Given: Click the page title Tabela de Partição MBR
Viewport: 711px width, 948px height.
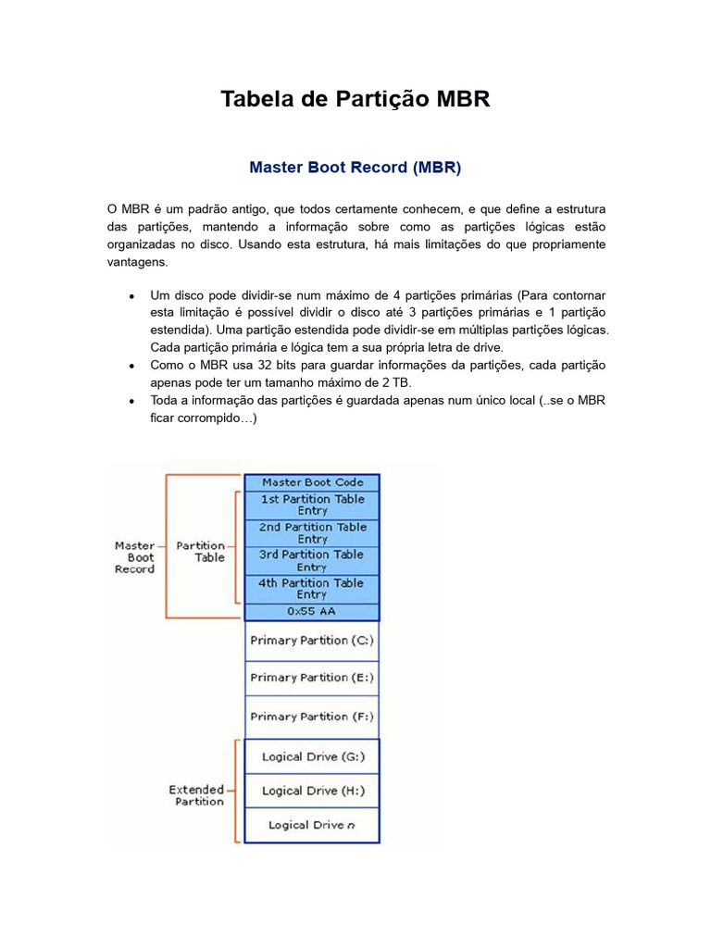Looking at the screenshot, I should click(x=355, y=99).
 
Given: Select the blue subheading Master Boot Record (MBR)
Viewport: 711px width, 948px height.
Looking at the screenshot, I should click(x=355, y=168).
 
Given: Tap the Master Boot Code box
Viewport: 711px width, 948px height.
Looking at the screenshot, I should click(x=312, y=482).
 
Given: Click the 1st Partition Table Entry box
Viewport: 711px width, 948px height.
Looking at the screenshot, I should click(x=312, y=505).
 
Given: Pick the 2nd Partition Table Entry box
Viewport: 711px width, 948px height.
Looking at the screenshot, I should click(x=312, y=532).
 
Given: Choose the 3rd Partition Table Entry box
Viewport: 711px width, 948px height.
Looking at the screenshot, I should click(x=312, y=561).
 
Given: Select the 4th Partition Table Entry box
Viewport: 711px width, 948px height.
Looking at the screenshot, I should click(x=312, y=589).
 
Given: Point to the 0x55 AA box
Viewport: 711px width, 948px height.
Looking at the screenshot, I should click(x=312, y=612).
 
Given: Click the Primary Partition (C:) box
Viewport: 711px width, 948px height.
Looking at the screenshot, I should click(x=312, y=641).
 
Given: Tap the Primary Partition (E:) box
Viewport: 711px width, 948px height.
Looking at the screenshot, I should click(x=312, y=678).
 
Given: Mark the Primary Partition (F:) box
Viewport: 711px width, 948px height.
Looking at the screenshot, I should click(x=312, y=717).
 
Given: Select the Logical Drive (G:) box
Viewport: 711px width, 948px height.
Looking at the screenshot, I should click(x=312, y=756).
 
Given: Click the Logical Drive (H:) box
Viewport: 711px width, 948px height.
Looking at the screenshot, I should click(x=312, y=791).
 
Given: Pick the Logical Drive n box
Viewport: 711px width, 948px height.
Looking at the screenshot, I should click(x=312, y=825).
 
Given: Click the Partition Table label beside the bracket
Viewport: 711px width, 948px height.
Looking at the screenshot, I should click(x=201, y=552).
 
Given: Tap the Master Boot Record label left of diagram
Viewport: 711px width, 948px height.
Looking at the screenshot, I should click(x=134, y=557).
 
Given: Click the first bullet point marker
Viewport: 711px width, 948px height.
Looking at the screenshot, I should click(x=133, y=295).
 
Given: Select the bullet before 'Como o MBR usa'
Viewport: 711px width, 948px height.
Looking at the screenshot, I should click(x=133, y=366).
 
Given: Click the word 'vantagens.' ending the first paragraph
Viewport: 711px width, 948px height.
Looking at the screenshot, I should click(x=137, y=262).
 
